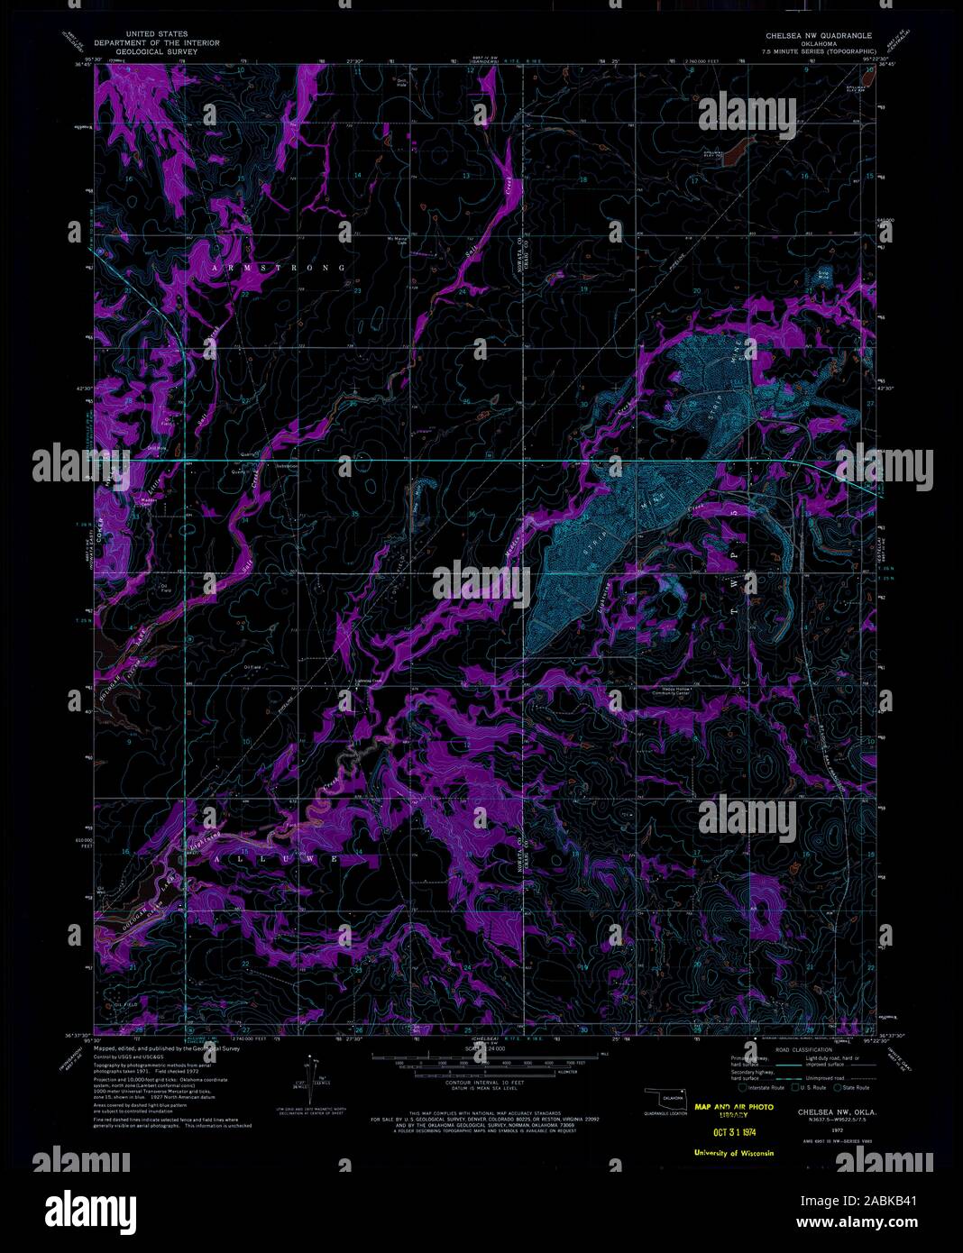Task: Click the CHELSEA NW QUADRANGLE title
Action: click(818, 35)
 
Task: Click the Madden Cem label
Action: click(150, 501)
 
